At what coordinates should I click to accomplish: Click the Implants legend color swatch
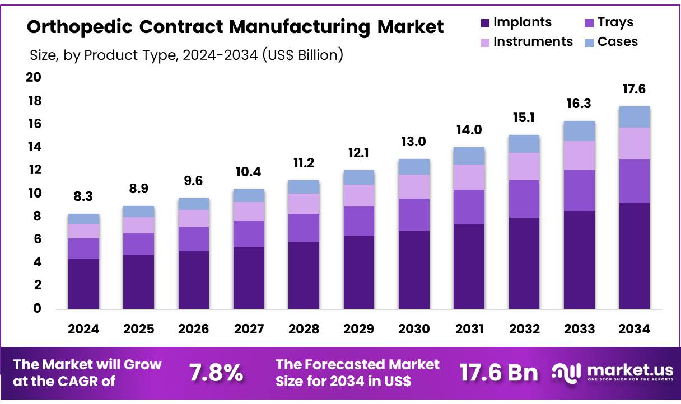(x=485, y=24)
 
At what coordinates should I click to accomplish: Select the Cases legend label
(x=617, y=42)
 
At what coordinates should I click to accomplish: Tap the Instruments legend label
(x=533, y=42)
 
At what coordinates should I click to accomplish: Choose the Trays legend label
(x=615, y=22)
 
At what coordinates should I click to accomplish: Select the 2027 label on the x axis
(x=249, y=330)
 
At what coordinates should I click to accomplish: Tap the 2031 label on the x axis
(x=469, y=330)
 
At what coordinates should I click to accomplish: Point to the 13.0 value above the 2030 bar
(x=414, y=142)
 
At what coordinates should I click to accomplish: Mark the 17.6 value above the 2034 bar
(x=635, y=90)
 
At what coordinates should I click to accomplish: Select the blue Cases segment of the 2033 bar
(x=579, y=131)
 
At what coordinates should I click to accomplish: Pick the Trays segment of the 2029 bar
(x=358, y=221)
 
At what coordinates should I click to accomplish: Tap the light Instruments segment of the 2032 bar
(x=524, y=166)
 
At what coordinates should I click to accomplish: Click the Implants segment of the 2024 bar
(x=83, y=284)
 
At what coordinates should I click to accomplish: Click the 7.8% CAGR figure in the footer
(x=216, y=373)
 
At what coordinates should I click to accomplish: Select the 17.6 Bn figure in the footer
(x=498, y=373)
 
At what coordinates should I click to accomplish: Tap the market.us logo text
(x=628, y=370)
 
